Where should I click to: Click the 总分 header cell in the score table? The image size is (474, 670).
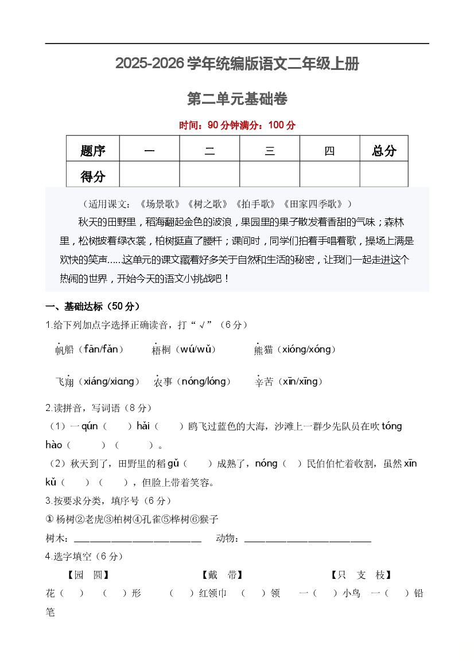coord(384,151)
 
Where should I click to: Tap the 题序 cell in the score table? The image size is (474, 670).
coord(93,151)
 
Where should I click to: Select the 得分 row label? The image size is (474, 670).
coord(93,177)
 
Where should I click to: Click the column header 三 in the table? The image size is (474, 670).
coord(270,151)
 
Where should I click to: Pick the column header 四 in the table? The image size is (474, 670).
coord(329,151)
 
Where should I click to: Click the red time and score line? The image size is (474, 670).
coord(237,126)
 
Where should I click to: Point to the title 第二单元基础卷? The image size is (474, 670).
coord(237,99)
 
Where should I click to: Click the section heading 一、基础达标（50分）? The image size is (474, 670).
coord(92,306)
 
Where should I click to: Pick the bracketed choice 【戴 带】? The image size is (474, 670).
coord(222,575)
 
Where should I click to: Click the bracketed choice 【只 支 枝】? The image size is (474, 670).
coord(362,575)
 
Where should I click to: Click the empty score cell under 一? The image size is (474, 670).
coord(150,175)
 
